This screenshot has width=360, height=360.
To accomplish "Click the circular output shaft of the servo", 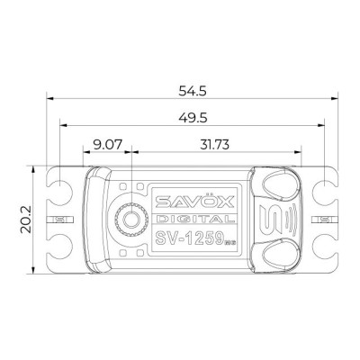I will [x=131, y=219].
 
